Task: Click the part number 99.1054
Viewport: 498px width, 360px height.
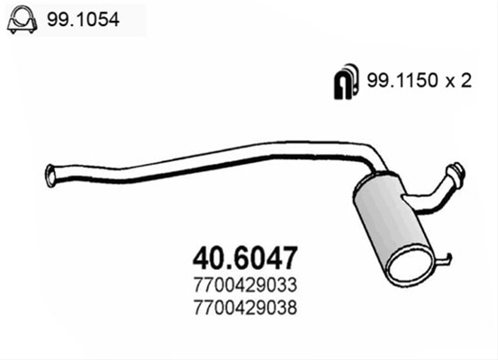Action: click(x=83, y=20)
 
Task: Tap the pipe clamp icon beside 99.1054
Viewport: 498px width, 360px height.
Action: click(x=22, y=20)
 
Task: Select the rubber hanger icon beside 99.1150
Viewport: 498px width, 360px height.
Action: click(x=346, y=81)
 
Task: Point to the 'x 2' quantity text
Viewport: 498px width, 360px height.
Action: click(x=458, y=81)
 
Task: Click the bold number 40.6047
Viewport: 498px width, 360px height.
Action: click(x=245, y=258)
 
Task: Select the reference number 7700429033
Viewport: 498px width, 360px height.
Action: click(x=245, y=284)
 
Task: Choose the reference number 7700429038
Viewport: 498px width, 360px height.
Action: click(x=245, y=307)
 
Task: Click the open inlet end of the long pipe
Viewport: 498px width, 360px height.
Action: click(x=50, y=175)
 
